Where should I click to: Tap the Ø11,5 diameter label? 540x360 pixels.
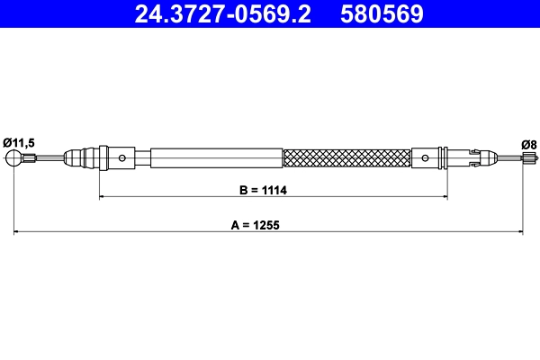point(19,142)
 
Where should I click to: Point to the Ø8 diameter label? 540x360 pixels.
point(529,143)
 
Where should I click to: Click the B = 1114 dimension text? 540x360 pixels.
point(269,190)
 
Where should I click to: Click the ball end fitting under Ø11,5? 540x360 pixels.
point(14,160)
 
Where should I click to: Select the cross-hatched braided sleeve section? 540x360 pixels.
point(346,158)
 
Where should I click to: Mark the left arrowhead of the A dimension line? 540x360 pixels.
point(16,233)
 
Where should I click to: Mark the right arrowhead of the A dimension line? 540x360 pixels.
point(521,233)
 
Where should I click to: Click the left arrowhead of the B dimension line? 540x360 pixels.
point(102,195)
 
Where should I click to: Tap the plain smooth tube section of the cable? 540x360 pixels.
point(216,158)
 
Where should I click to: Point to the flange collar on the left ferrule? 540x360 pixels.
point(103,158)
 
